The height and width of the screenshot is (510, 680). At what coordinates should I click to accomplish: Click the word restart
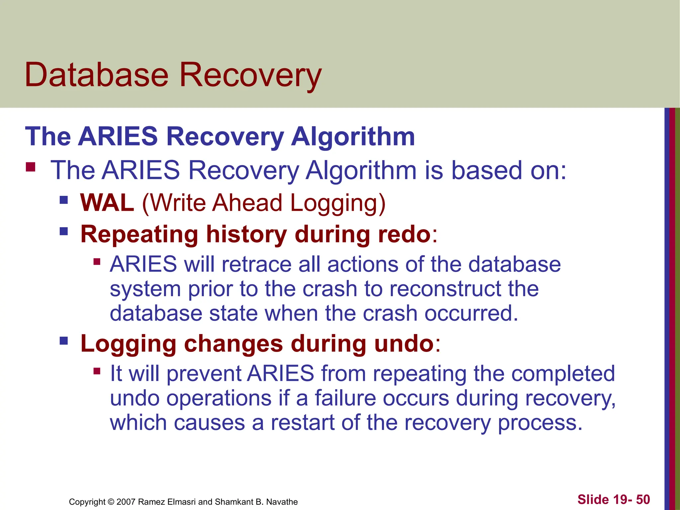[x=302, y=423]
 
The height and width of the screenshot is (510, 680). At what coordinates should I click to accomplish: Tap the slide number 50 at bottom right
[x=643, y=499]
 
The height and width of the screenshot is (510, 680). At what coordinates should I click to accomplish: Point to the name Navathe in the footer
[x=282, y=502]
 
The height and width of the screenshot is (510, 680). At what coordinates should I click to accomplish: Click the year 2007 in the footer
[x=126, y=502]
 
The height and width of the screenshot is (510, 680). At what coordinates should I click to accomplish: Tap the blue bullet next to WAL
[x=64, y=200]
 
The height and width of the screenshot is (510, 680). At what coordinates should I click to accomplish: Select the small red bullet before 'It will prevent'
[x=97, y=371]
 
